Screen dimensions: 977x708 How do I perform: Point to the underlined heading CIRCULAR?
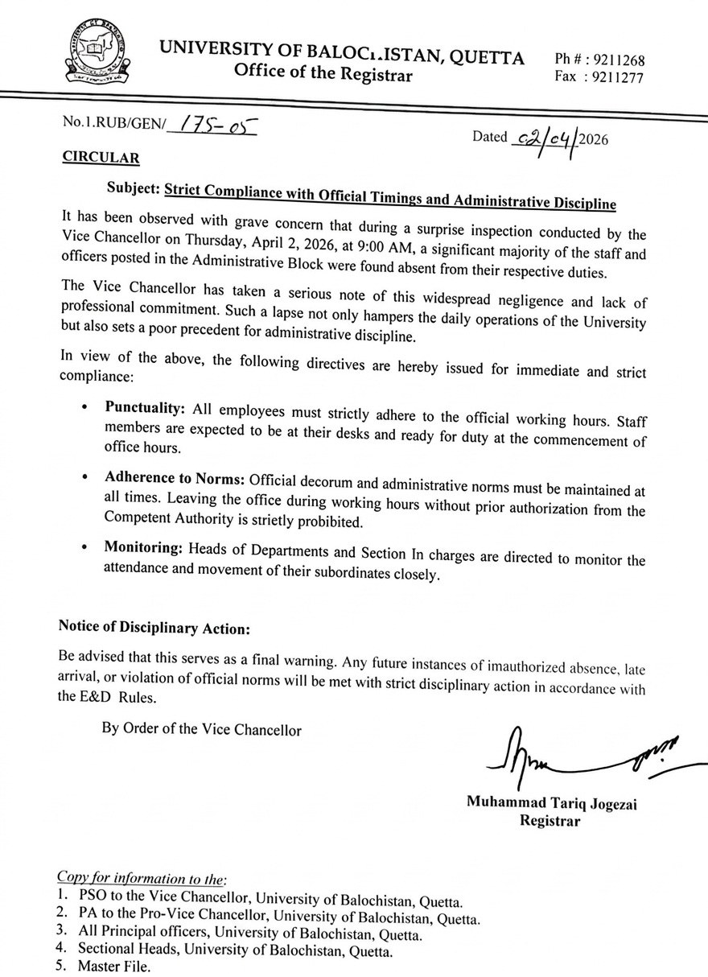[x=101, y=158]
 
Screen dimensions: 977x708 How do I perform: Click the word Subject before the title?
[x=133, y=189]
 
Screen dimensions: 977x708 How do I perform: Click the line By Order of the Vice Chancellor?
[x=201, y=730]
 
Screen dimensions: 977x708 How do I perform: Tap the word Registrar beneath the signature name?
[x=550, y=821]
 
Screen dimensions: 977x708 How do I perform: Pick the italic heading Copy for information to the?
[x=142, y=876]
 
